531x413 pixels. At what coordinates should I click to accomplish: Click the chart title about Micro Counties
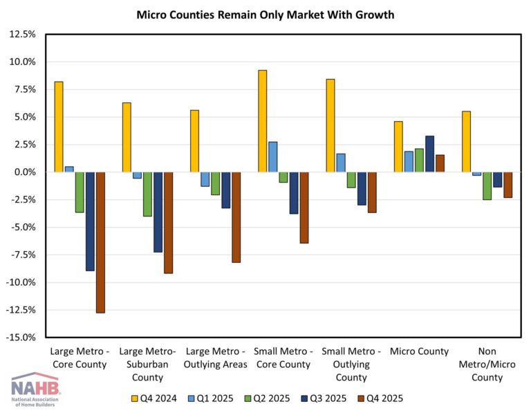[265, 14]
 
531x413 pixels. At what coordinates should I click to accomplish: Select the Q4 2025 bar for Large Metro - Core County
[100, 242]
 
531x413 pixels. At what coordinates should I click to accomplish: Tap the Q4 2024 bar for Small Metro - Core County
[262, 121]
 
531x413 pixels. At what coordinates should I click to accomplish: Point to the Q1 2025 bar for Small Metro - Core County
[272, 157]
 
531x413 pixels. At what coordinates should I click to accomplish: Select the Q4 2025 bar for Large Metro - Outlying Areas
[236, 217]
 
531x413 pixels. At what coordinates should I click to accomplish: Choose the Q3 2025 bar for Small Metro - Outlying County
[362, 188]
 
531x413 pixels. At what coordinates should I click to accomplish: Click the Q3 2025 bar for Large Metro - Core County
[90, 221]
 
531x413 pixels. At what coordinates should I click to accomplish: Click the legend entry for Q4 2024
[153, 398]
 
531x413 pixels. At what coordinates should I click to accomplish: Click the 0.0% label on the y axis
[24, 172]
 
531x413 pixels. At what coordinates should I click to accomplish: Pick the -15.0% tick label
[21, 338]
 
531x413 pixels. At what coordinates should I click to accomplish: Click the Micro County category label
[419, 351]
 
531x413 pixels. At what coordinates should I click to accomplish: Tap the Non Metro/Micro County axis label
[487, 364]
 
